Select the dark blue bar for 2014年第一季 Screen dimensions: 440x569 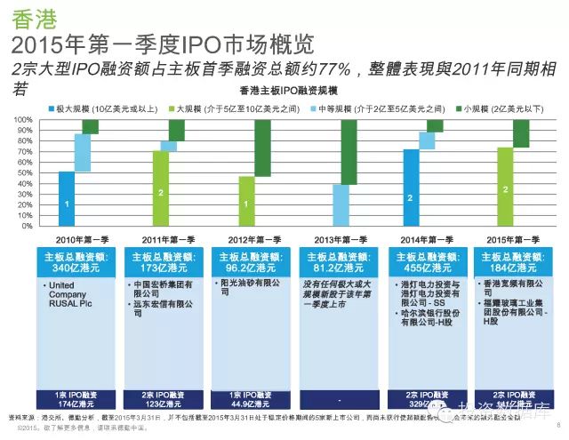[411, 188]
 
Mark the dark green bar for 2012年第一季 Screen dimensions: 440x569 [262, 148]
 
